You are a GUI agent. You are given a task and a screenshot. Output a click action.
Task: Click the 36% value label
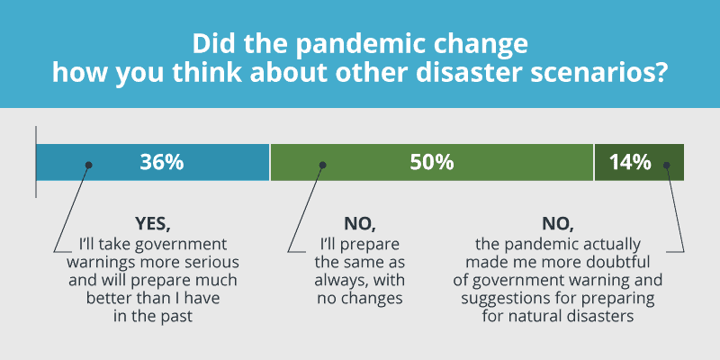162,163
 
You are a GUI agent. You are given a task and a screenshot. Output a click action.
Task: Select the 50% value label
432,163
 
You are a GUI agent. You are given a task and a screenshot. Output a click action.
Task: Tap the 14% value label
630,163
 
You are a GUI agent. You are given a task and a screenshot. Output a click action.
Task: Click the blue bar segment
152,162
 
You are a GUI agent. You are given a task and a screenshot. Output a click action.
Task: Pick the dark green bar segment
639,162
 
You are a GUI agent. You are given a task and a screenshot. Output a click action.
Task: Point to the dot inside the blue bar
88,165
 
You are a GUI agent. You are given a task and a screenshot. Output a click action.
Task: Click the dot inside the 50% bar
322,165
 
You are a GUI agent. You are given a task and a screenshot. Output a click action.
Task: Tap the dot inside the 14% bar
666,165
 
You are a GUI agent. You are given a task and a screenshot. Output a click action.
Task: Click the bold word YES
153,224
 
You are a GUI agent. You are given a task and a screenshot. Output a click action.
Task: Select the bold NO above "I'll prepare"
360,224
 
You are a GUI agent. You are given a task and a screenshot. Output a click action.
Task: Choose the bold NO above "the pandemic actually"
558,224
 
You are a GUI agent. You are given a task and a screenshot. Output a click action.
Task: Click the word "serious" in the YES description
214,263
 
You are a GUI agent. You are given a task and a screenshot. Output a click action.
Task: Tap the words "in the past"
152,316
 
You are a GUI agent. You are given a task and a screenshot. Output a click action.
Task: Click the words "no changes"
360,299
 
